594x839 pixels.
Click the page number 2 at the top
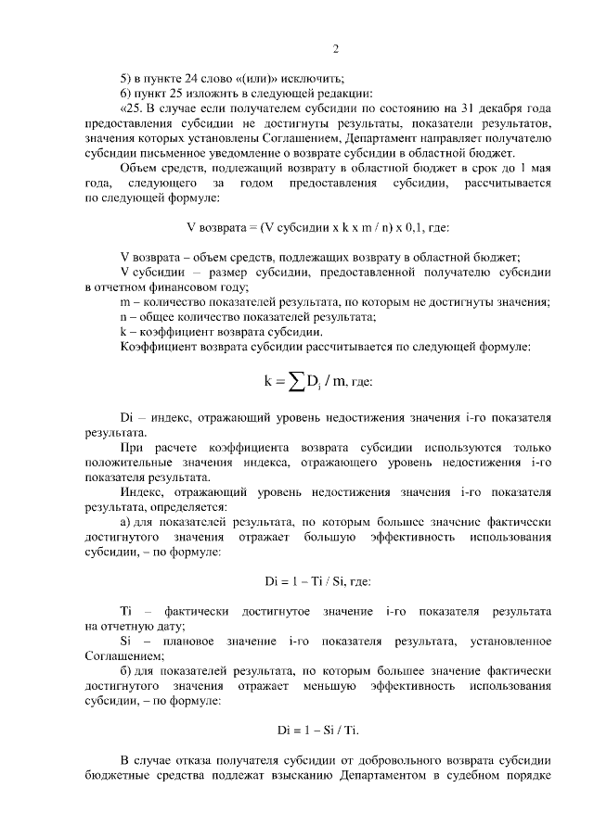click(x=335, y=49)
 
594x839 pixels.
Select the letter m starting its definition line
click(x=125, y=301)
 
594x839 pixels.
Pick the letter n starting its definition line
click(x=124, y=316)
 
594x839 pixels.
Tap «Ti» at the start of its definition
click(x=127, y=612)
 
